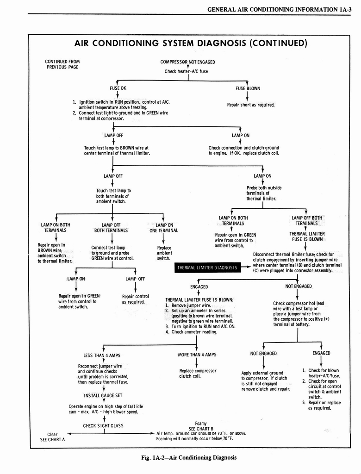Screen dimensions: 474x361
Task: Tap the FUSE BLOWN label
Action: coord(248,88)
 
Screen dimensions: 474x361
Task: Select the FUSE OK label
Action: coord(114,88)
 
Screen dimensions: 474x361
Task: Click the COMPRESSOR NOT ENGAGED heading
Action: coord(187,62)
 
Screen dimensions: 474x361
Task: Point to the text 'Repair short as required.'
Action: coord(250,105)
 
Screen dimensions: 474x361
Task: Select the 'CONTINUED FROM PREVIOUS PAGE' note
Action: coord(62,64)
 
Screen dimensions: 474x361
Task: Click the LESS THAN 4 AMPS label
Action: coord(102,355)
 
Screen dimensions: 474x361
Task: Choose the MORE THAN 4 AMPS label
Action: coord(197,355)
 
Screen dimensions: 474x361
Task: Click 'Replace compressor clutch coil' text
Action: coord(198,373)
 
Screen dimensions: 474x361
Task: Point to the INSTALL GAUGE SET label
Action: coord(103,396)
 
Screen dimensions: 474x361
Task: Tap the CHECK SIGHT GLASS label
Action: coord(102,426)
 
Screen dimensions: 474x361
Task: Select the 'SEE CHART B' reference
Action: coord(200,428)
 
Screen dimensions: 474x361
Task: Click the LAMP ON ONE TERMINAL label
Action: coord(163,228)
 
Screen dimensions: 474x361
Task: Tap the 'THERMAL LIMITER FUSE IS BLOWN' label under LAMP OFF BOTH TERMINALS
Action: coord(307,237)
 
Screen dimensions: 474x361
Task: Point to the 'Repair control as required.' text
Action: coord(135,299)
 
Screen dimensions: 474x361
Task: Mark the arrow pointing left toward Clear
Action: coord(69,434)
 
